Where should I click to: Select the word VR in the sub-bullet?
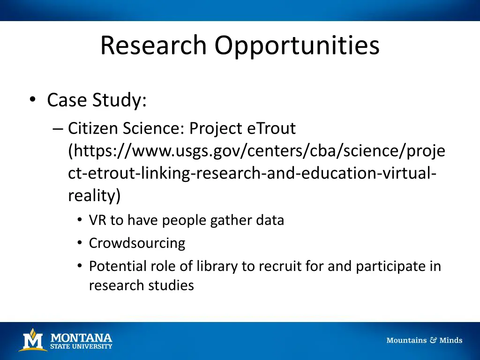(x=98, y=220)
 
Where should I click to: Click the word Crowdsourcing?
(x=137, y=243)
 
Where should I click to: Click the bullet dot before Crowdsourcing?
(x=80, y=243)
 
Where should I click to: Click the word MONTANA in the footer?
(x=81, y=337)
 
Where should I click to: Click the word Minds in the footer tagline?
(x=450, y=340)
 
